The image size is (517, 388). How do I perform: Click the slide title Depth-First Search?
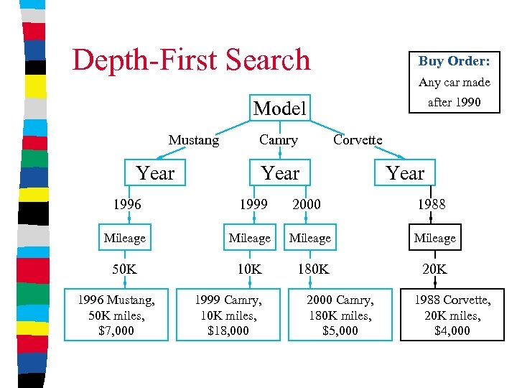191,60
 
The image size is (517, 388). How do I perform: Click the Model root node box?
280,108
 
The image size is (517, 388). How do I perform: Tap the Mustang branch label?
194,140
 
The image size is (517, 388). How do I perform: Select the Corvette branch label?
358,139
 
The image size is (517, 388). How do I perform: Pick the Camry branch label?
279,140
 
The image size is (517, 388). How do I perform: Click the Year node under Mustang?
155,173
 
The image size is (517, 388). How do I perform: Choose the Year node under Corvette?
405,173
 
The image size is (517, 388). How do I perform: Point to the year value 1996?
127,204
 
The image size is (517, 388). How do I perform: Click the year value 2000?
307,204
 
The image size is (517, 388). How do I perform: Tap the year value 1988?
432,204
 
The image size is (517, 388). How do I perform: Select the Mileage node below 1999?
249,238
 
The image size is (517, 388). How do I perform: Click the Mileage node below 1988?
434,238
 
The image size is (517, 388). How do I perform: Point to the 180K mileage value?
311,270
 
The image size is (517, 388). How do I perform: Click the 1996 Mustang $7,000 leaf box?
116,315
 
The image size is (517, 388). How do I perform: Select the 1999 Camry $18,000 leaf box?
228,315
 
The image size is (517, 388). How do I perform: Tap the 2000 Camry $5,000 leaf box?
340,315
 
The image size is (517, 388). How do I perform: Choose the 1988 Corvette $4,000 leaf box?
452,315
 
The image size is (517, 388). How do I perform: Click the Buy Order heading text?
454,62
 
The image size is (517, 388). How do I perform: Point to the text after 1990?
454,102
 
